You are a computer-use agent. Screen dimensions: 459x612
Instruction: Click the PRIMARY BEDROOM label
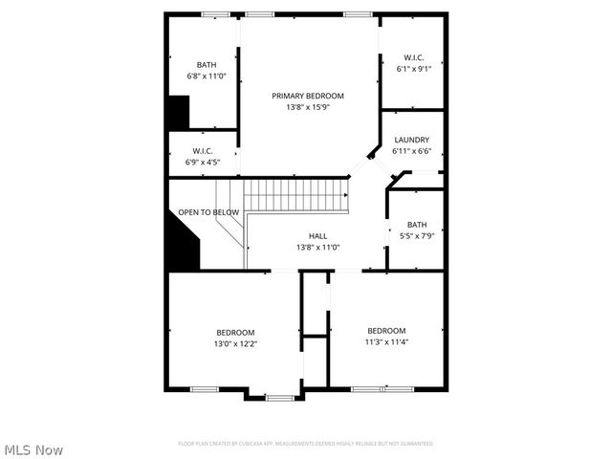pyautogui.click(x=307, y=96)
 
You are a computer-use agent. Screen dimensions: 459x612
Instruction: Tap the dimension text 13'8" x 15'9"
pyautogui.click(x=307, y=107)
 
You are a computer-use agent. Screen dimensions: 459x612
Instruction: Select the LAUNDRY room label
pyautogui.click(x=411, y=140)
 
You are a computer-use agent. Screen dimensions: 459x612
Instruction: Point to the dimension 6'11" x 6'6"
pyautogui.click(x=411, y=151)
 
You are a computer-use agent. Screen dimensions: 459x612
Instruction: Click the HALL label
pyautogui.click(x=317, y=236)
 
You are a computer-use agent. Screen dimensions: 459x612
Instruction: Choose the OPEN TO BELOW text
pyautogui.click(x=208, y=212)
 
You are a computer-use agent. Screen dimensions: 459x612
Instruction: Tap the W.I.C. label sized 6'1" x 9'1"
pyautogui.click(x=414, y=57)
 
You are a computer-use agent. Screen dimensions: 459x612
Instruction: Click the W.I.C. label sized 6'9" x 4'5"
pyautogui.click(x=202, y=151)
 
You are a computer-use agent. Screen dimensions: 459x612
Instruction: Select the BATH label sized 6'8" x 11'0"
pyautogui.click(x=207, y=64)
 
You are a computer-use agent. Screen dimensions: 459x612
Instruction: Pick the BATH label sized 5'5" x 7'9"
pyautogui.click(x=416, y=225)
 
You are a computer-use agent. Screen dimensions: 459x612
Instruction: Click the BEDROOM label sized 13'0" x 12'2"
pyautogui.click(x=234, y=332)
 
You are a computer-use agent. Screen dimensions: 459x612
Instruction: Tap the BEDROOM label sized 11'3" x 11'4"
pyautogui.click(x=386, y=331)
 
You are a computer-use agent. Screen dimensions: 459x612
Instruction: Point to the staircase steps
pyautogui.click(x=292, y=197)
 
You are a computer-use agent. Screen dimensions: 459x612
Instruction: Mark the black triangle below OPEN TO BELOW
pyautogui.click(x=183, y=244)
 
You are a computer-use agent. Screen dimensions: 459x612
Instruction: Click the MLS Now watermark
pyautogui.click(x=33, y=449)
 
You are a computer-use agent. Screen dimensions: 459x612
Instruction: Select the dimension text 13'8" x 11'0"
pyautogui.click(x=317, y=248)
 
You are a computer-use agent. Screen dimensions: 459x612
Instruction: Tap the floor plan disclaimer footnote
pyautogui.click(x=306, y=444)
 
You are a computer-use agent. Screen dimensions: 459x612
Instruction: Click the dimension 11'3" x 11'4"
pyautogui.click(x=386, y=342)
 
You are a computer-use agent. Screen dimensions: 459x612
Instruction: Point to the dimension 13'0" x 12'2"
pyautogui.click(x=234, y=343)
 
